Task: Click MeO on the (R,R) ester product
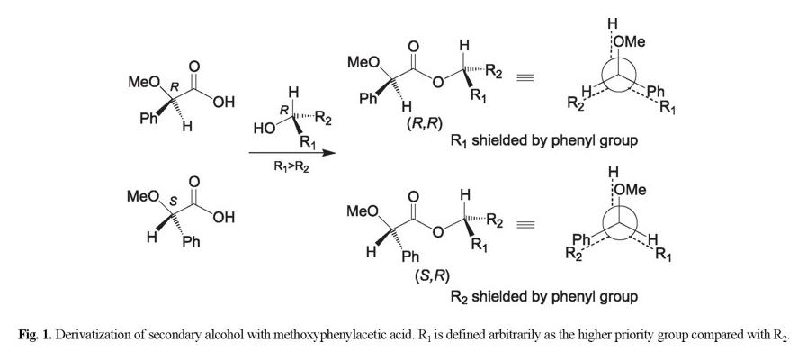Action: [363, 61]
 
